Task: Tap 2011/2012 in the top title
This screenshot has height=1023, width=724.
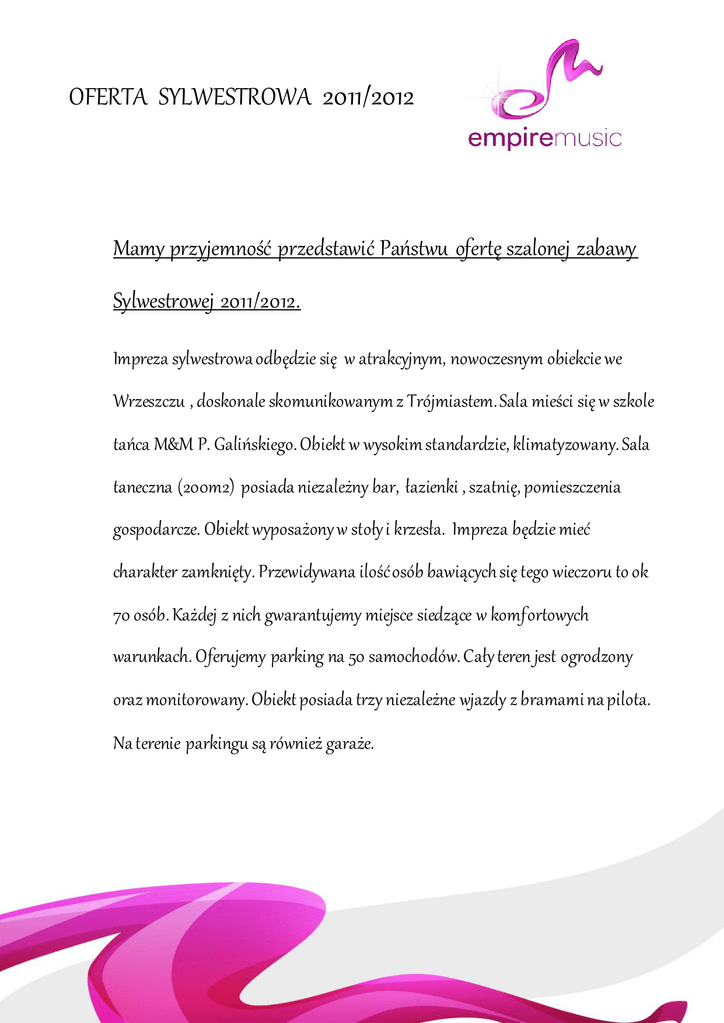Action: [369, 97]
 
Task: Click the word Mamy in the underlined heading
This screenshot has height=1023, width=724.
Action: [137, 248]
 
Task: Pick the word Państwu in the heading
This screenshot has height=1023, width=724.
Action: [415, 248]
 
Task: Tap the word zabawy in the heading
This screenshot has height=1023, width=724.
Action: [607, 248]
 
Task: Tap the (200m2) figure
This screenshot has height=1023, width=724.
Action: [205, 488]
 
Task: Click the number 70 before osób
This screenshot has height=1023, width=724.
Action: [122, 614]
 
